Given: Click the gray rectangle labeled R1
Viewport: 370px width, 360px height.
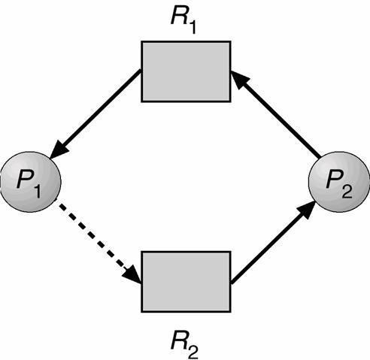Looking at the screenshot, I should (187, 71).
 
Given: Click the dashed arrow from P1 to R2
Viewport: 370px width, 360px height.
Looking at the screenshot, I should (98, 244).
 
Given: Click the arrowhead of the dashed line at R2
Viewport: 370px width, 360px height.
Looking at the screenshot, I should (133, 277).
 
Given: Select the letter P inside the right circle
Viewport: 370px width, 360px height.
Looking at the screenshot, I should (332, 180).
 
